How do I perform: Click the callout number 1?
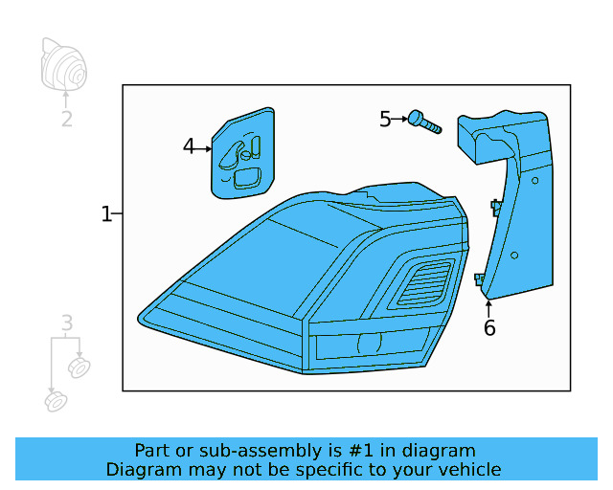(106, 214)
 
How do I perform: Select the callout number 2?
(66, 120)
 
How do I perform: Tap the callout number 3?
(66, 323)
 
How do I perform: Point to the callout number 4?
(189, 146)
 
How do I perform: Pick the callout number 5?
(385, 119)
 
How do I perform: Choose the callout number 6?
(489, 328)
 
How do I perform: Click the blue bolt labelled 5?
(423, 122)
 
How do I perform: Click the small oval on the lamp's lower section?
(367, 343)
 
